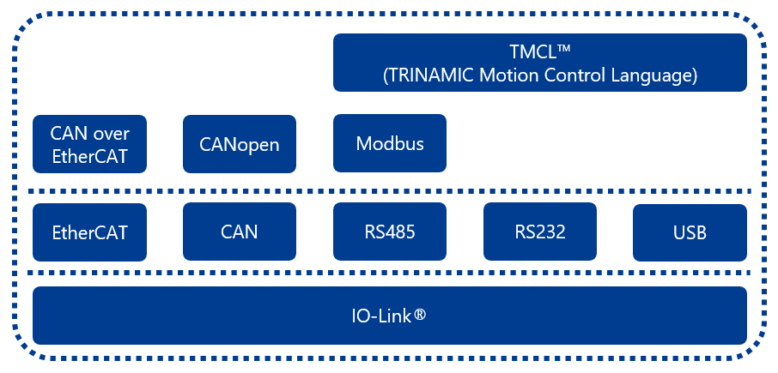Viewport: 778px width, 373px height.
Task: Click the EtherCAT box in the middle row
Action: coord(89,232)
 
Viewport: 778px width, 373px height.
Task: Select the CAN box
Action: coord(239,232)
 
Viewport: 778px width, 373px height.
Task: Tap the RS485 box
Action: coord(390,232)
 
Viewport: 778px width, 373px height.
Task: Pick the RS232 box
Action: coord(540,232)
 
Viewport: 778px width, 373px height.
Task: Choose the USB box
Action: coord(690,232)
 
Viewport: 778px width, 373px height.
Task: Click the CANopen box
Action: coord(239,144)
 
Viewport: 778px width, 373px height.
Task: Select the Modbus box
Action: coord(390,143)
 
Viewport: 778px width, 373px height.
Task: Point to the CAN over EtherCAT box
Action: coord(89,144)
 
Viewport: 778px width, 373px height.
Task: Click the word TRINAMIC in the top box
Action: coord(432,75)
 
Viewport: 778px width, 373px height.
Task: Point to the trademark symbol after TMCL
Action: coord(560,48)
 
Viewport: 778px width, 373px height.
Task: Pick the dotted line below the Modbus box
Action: coord(390,191)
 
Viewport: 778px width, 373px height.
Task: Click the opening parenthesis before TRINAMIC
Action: coord(386,75)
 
